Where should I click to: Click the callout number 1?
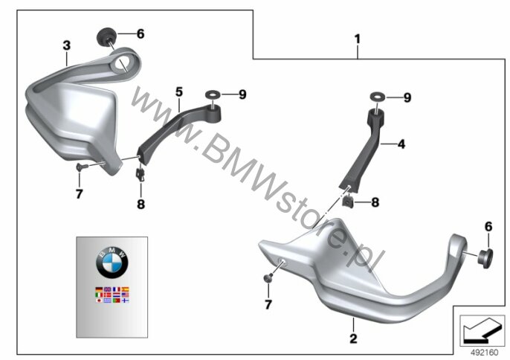[358, 39]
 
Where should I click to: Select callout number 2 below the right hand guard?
[353, 338]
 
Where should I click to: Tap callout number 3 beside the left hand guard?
[67, 45]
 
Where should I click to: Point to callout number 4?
[401, 144]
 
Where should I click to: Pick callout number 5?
[179, 92]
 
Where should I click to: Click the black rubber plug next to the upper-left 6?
[105, 36]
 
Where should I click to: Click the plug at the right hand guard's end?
[485, 258]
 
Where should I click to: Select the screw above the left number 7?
[80, 167]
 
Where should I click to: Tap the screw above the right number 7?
[268, 277]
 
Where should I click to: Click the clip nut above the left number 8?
[141, 173]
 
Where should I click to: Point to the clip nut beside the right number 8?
[349, 201]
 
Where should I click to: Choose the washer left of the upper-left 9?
[213, 94]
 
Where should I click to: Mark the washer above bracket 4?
[377, 97]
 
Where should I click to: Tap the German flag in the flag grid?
[99, 289]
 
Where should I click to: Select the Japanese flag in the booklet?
[99, 300]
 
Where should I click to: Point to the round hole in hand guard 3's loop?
[122, 63]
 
